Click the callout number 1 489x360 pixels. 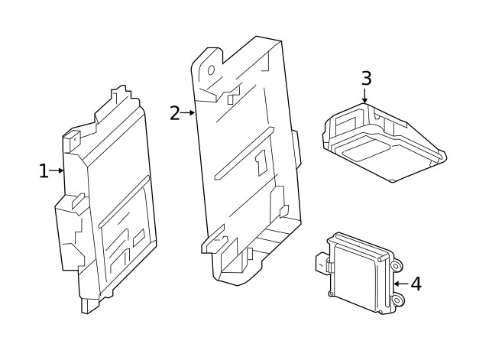(44, 171)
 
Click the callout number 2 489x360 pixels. (174, 113)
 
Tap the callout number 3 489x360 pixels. (366, 78)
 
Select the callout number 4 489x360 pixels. (416, 284)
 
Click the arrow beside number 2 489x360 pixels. (188, 113)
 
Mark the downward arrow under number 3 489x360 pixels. (365, 96)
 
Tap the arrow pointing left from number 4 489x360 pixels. (400, 284)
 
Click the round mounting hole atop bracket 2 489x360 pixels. (212, 70)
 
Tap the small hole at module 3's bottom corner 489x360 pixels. (392, 180)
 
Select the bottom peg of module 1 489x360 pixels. (86, 306)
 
